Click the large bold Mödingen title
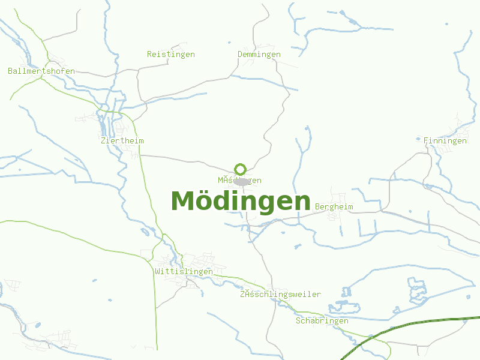pos(241,201)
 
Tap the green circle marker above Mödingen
pos(240,169)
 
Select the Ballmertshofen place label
pos(41,71)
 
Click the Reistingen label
pos(171,54)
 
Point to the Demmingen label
pos(259,54)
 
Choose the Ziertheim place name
pos(123,140)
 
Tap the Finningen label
pos(445,140)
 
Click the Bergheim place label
pos(334,206)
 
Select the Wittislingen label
pos(184,271)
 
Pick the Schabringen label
pos(322,320)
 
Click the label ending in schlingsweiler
pos(280,294)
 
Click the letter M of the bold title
pos(184,201)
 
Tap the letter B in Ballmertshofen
pos(10,71)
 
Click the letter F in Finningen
pos(426,140)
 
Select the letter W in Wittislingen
pos(157,271)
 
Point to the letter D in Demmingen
pos(240,54)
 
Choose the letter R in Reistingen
pos(149,54)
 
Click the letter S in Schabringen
pos(298,320)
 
